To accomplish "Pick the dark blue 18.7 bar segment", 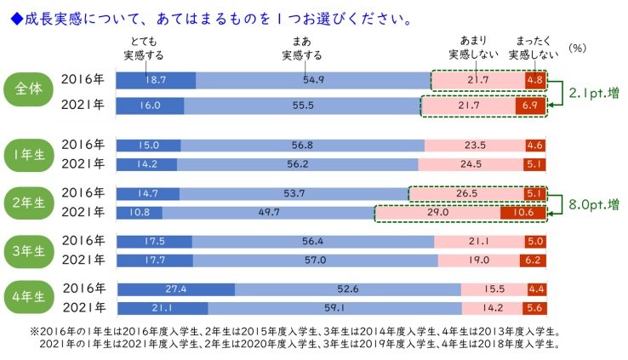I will [x=156, y=80].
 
